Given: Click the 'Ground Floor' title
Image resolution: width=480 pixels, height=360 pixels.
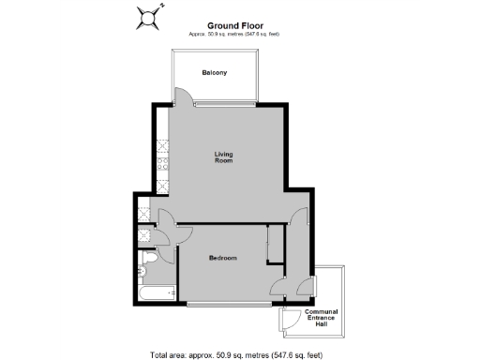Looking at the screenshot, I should pos(233,26).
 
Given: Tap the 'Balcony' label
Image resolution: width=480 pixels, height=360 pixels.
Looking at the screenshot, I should pos(215,72).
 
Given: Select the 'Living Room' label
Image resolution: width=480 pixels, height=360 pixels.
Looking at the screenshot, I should pos(223,157).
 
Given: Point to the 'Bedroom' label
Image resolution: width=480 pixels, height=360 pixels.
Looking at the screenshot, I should pos(222,258).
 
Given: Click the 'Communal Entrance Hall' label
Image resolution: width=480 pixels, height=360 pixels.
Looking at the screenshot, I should pos(322,317).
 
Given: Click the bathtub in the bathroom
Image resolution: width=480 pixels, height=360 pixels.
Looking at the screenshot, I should pos(157,294).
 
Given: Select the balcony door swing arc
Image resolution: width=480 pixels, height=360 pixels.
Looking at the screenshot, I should pos(185,97).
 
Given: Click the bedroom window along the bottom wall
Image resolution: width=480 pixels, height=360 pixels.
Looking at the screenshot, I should pos(226,304).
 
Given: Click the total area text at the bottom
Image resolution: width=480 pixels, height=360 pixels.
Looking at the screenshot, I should pos(235,354).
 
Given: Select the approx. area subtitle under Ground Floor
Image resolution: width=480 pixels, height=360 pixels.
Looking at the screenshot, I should pos(233,34).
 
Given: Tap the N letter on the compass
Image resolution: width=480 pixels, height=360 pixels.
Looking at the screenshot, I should pos(161,6).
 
